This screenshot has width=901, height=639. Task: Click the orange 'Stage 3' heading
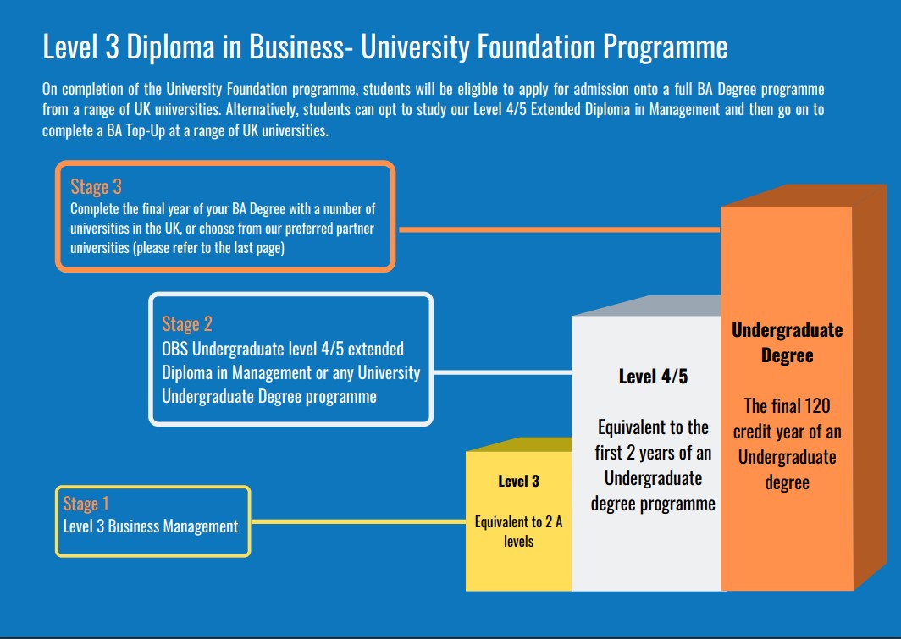[x=96, y=187]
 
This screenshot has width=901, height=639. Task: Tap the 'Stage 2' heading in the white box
[x=187, y=323]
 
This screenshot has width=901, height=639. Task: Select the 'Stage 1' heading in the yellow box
[x=86, y=504]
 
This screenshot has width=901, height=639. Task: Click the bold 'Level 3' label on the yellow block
[x=518, y=482]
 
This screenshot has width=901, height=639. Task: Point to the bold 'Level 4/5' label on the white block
[x=653, y=377]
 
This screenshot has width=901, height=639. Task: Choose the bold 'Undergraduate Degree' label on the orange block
[x=787, y=342]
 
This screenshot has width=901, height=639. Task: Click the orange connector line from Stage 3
[x=559, y=229]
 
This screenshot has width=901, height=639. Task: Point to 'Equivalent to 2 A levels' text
[x=518, y=532]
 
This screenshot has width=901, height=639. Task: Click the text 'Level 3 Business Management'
[x=151, y=526]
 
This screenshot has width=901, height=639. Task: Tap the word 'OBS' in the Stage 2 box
[x=175, y=350]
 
